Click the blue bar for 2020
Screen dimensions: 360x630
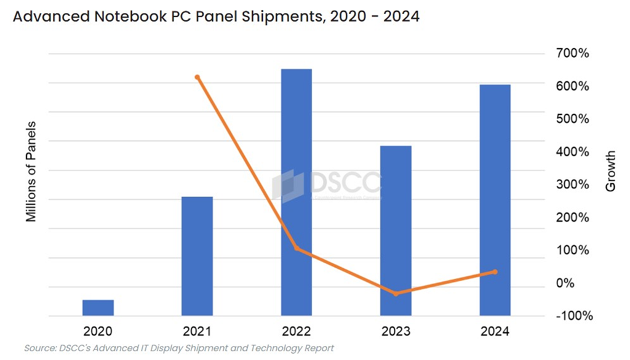pyautogui.click(x=98, y=308)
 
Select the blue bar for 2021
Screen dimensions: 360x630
pyautogui.click(x=197, y=256)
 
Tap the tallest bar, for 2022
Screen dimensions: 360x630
pyautogui.click(x=297, y=192)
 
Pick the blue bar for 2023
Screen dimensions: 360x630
pyautogui.click(x=396, y=231)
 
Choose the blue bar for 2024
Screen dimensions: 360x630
pyautogui.click(x=495, y=200)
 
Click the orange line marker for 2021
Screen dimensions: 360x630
pyautogui.click(x=197, y=78)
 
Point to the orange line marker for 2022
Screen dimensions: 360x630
pyautogui.click(x=297, y=248)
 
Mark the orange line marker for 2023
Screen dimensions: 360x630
pyautogui.click(x=396, y=294)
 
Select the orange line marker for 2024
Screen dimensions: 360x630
pyautogui.click(x=495, y=271)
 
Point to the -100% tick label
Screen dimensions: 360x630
pyautogui.click(x=574, y=316)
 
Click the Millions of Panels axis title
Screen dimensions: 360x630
pyautogui.click(x=31, y=172)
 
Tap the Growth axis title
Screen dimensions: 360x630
pyautogui.click(x=610, y=170)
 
